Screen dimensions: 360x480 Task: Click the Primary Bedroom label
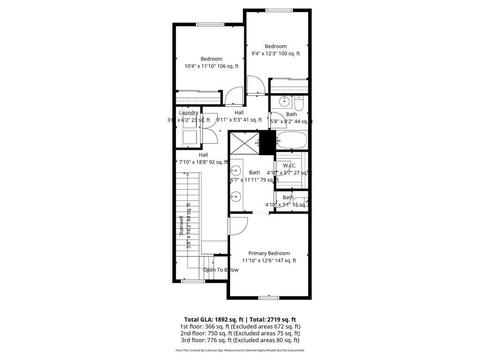pyautogui.click(x=269, y=253)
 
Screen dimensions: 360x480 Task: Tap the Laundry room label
pyautogui.click(x=188, y=113)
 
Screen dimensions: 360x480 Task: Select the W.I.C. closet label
pyautogui.click(x=289, y=165)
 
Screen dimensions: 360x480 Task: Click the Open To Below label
pyautogui.click(x=220, y=270)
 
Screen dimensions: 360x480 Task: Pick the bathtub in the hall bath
pyautogui.click(x=292, y=139)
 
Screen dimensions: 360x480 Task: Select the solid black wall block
pyautogui.click(x=267, y=142)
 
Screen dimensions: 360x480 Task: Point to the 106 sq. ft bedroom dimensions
pyautogui.click(x=211, y=66)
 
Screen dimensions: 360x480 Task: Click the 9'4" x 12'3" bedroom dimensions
pyautogui.click(x=276, y=53)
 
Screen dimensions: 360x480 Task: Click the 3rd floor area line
pyautogui.click(x=240, y=340)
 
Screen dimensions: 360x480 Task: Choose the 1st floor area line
pyautogui.click(x=240, y=326)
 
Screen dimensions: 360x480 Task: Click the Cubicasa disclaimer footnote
pyautogui.click(x=240, y=350)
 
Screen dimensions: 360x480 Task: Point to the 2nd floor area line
pyautogui.click(x=240, y=333)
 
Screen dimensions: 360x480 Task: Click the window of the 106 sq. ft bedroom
pyautogui.click(x=210, y=25)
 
